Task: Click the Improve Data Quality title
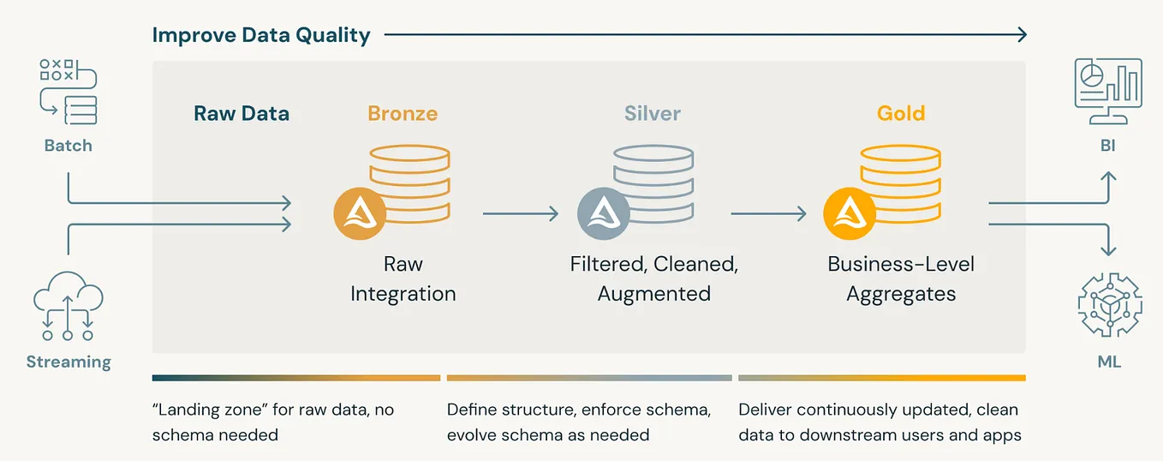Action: [x=261, y=35]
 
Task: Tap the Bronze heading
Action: [x=403, y=113]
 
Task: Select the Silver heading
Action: [x=653, y=113]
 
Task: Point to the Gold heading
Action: [x=901, y=113]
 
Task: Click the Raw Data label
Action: [x=242, y=113]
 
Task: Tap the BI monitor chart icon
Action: [x=1108, y=91]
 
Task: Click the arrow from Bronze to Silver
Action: [x=520, y=213]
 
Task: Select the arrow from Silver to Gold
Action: [x=768, y=213]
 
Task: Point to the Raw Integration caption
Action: [x=403, y=278]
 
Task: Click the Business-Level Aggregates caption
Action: [x=901, y=278]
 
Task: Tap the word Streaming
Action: [x=69, y=361]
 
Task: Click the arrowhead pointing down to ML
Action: [x=1108, y=250]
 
